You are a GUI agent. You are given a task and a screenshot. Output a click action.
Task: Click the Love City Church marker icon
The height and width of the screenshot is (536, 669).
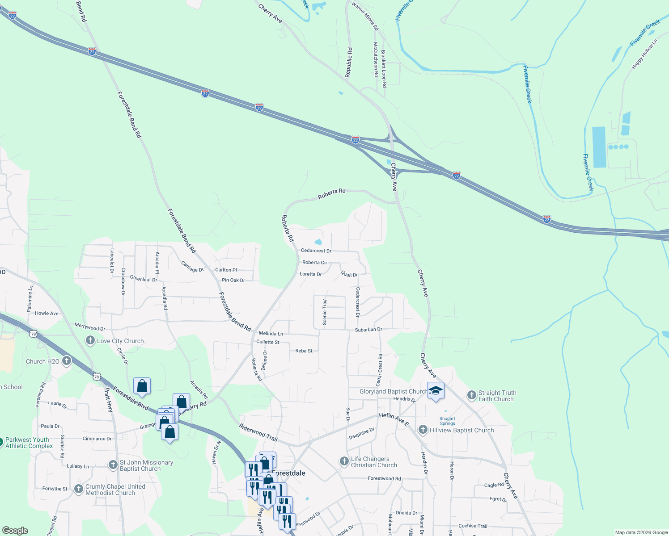90,341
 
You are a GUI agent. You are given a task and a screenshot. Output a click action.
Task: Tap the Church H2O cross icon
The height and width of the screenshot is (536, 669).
67,361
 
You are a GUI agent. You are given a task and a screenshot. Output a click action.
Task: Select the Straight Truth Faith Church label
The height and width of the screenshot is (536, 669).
497,396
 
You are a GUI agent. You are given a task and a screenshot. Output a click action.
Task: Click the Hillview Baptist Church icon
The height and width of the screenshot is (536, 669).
423,430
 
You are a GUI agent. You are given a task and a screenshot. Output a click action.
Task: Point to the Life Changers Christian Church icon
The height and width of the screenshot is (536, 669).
344,461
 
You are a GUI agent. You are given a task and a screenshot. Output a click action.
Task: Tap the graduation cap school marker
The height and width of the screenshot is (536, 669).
436,391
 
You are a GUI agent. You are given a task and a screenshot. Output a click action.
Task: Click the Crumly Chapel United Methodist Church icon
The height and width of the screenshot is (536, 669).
79,490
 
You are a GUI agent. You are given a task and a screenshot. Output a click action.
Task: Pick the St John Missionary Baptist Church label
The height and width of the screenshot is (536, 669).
146,465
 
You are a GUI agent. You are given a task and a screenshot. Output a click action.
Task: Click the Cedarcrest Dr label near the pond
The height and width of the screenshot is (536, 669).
316,251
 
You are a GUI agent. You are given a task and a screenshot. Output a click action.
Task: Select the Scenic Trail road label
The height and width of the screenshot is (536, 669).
325,312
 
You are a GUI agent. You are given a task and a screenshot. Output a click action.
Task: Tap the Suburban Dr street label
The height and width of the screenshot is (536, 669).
368,330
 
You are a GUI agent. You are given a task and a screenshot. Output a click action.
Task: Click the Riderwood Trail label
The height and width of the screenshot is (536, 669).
258,433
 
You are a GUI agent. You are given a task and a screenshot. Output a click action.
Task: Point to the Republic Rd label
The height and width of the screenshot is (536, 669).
349,63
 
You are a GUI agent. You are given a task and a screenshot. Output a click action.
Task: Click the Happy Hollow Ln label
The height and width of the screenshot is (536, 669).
644,54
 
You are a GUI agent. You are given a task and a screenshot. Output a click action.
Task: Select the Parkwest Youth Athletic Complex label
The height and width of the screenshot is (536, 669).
29,443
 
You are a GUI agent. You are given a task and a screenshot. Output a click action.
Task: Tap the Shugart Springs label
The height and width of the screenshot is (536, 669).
447,421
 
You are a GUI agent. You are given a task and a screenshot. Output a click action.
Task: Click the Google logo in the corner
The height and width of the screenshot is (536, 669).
15,531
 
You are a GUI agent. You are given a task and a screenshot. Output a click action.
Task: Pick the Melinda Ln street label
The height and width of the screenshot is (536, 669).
271,334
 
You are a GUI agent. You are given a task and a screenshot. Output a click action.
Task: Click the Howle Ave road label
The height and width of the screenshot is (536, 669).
47,313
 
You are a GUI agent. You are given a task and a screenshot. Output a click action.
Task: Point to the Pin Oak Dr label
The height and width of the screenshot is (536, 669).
233,280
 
